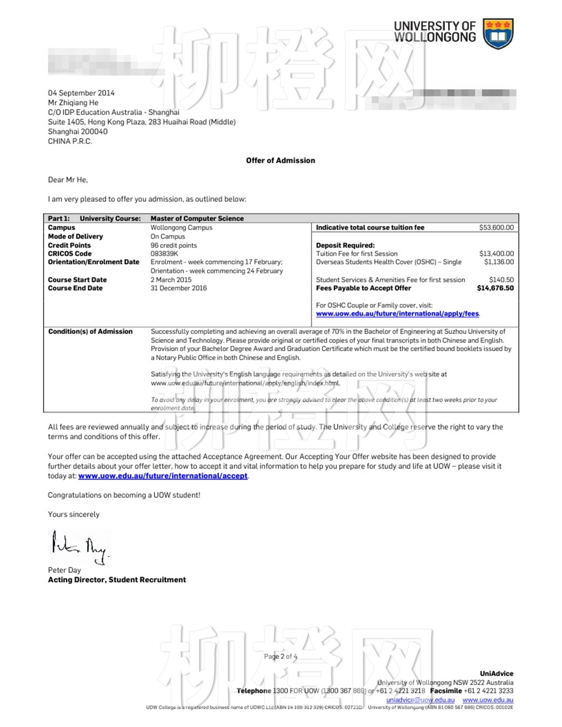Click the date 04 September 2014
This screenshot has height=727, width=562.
(81, 93)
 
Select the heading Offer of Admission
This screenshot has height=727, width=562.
(281, 161)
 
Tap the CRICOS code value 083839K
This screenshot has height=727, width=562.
(164, 254)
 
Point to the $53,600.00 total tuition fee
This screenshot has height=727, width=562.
(496, 228)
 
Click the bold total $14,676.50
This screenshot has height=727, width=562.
(495, 288)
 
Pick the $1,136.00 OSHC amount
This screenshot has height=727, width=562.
(499, 262)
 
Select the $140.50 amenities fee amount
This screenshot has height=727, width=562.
(501, 280)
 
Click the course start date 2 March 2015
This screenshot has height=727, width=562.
(171, 280)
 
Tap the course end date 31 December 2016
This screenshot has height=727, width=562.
(179, 288)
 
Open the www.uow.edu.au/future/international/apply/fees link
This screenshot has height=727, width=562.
(397, 314)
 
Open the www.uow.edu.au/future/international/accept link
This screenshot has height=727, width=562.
(163, 476)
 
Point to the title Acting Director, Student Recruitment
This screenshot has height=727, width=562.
(117, 580)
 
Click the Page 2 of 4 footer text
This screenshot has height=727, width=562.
(281, 656)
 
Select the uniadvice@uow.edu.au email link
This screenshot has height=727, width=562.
(420, 700)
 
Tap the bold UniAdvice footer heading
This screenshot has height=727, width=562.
(497, 674)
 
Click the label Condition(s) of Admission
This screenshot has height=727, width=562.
(90, 332)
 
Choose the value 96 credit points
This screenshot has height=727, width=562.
(174, 245)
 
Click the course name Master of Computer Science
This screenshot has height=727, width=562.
(197, 219)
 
